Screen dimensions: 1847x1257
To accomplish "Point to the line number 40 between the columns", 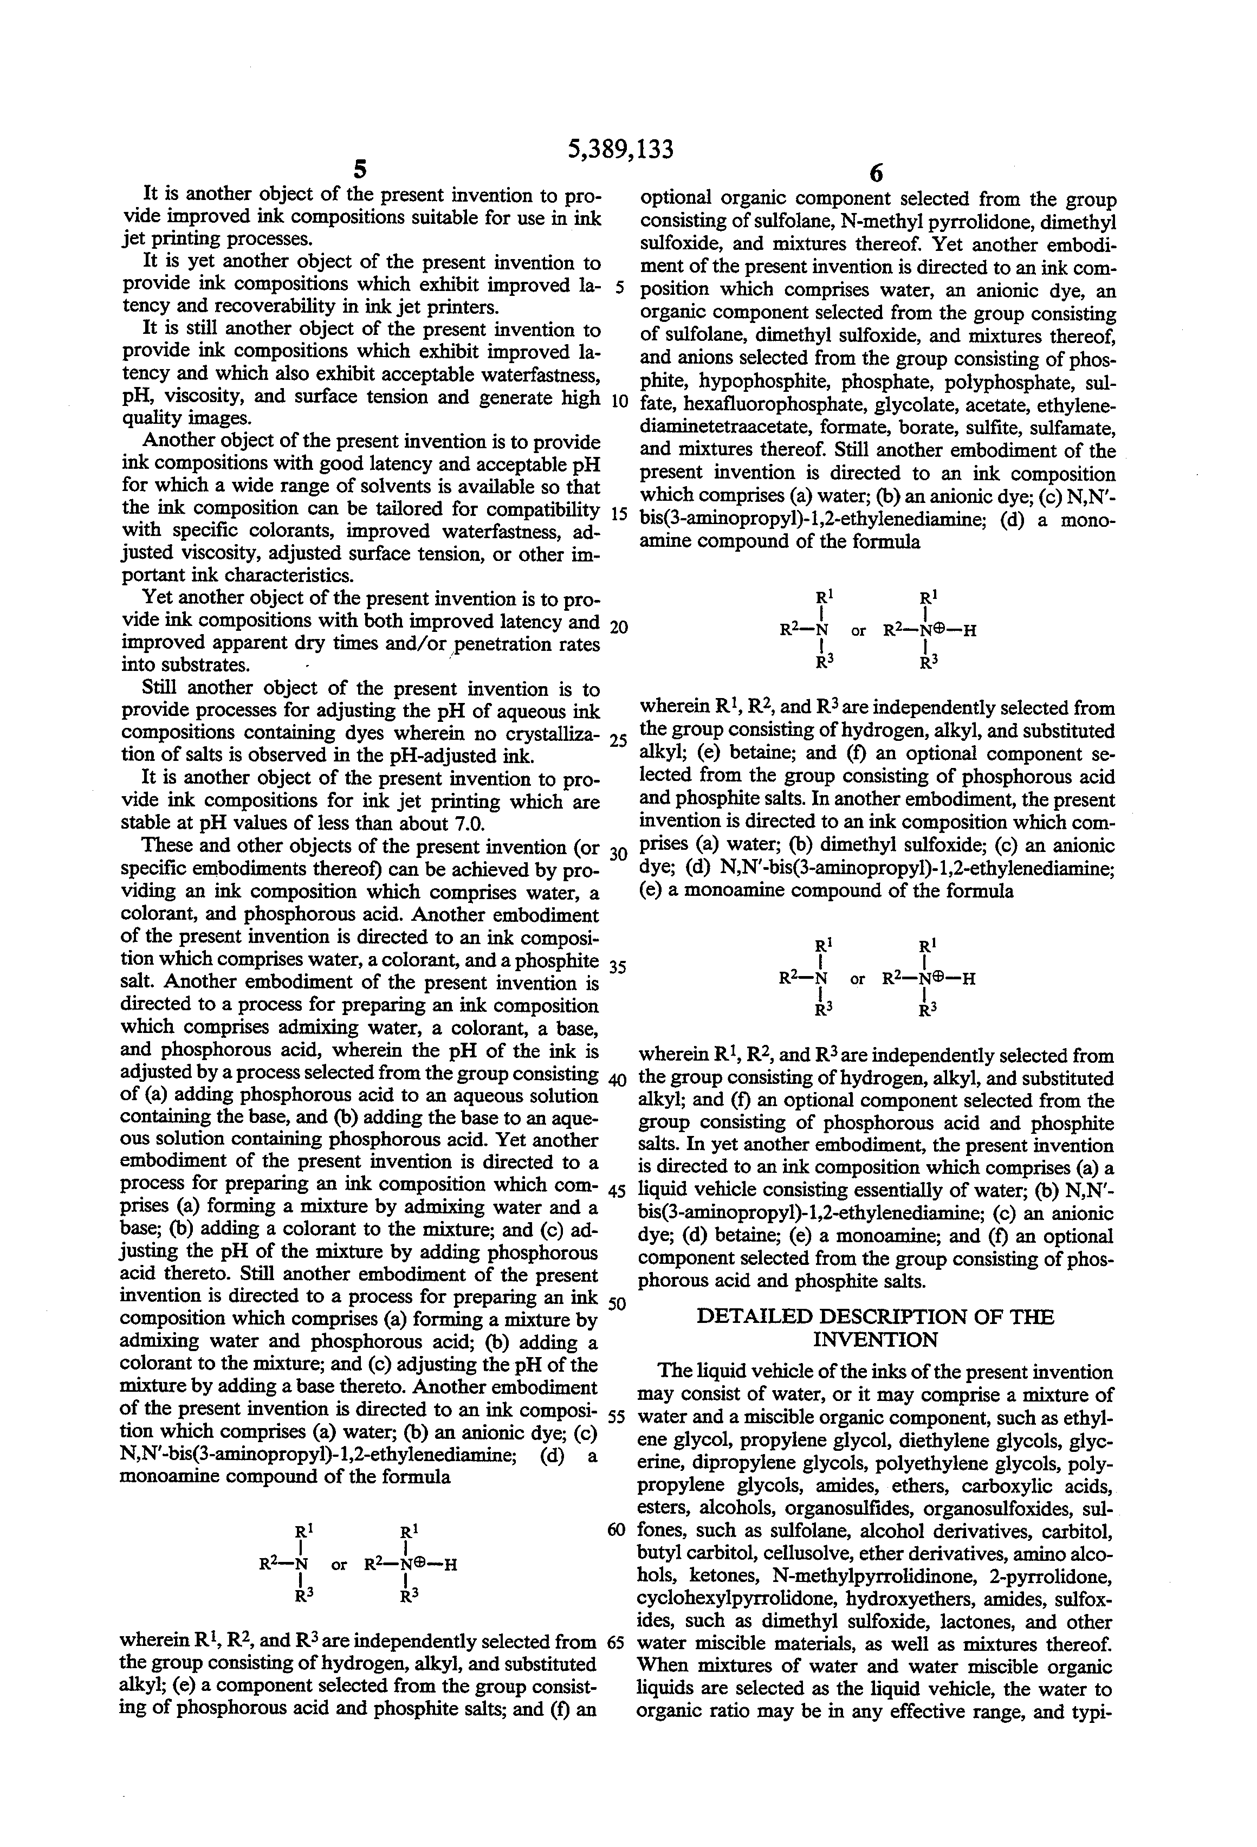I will point(618,1079).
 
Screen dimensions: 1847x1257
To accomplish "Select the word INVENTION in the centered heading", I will point(876,1340).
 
